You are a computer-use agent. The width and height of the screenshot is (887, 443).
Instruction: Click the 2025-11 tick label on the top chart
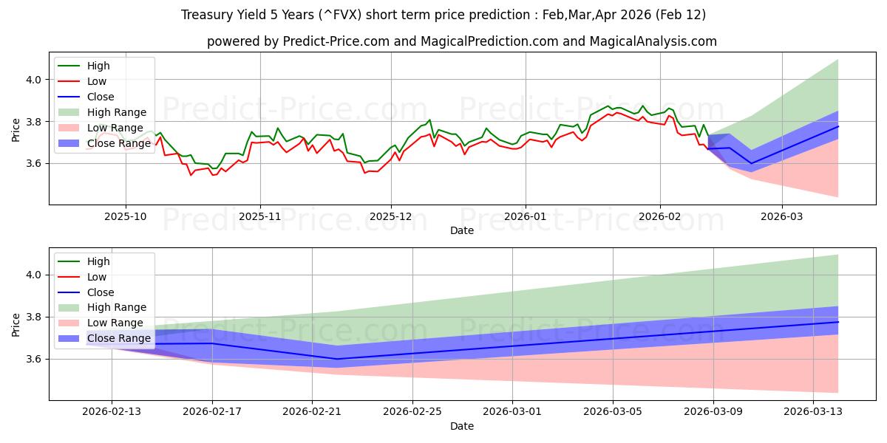[259, 216]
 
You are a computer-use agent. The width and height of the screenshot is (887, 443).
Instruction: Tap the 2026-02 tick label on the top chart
[659, 216]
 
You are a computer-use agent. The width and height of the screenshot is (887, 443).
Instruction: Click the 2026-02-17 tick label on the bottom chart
[212, 412]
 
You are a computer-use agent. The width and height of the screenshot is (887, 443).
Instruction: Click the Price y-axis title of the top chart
[16, 130]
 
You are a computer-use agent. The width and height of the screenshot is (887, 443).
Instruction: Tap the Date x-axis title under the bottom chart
[462, 426]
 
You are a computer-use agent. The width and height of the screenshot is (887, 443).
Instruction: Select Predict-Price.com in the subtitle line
[336, 41]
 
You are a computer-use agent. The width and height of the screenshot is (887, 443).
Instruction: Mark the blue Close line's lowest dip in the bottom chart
[337, 359]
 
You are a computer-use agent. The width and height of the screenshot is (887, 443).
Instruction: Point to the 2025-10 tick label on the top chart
[126, 216]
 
